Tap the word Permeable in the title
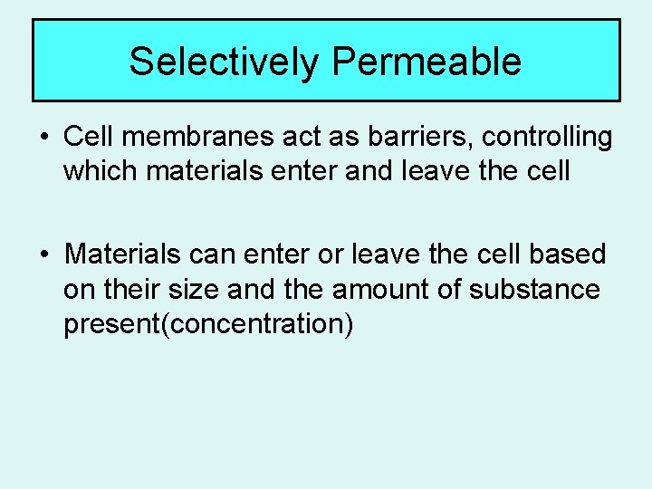click(427, 62)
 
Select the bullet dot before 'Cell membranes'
click(44, 139)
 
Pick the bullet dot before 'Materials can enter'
click(44, 255)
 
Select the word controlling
click(547, 138)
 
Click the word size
click(196, 290)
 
